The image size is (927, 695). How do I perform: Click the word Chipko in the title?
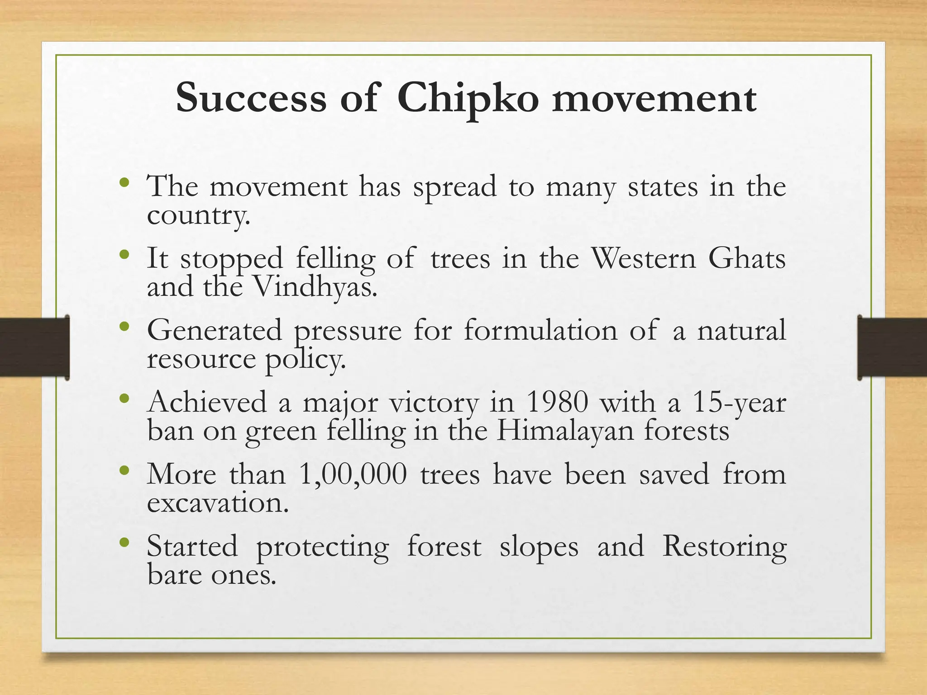[x=468, y=99]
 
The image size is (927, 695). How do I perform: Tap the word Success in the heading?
[x=251, y=99]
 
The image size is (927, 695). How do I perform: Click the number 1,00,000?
[x=353, y=474]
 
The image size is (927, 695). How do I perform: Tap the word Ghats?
[x=747, y=259]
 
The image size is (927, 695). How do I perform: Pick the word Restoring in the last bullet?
[x=724, y=547]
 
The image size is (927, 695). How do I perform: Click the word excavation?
[x=218, y=503]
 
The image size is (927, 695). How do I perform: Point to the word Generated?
[x=214, y=330]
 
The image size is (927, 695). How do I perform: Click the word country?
[x=198, y=215]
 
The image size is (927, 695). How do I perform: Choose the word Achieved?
[x=207, y=402]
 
